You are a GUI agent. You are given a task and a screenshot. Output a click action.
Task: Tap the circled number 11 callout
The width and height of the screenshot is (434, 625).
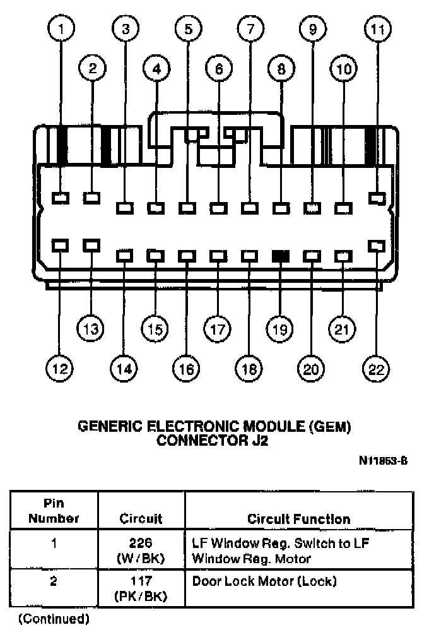(x=378, y=28)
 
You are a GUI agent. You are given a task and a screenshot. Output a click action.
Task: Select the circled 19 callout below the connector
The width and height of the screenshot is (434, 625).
(x=279, y=328)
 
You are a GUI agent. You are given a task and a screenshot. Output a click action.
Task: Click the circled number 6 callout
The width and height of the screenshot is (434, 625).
(x=218, y=69)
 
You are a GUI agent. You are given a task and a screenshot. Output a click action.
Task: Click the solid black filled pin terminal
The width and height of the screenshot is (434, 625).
(x=281, y=256)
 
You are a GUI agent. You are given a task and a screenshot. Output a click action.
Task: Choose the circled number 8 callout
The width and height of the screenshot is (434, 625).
(x=281, y=69)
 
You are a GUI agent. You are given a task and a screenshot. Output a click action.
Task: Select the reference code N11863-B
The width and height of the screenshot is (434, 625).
(x=383, y=460)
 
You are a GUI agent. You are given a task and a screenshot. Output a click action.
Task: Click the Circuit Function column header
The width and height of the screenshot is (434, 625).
(x=298, y=519)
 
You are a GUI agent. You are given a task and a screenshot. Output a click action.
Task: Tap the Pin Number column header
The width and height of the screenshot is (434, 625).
(x=54, y=512)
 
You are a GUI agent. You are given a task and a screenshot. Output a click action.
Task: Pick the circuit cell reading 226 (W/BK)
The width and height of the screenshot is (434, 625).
(x=142, y=551)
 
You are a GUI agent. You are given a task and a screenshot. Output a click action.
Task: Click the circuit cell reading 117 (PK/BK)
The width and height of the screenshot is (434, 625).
(x=142, y=588)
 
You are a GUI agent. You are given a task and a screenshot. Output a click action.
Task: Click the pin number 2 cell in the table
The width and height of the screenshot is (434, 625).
(x=54, y=581)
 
